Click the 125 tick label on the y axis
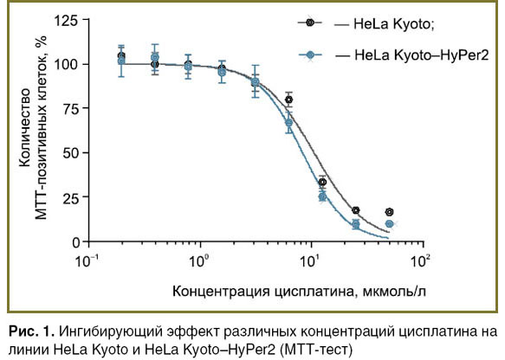click(x=66, y=21)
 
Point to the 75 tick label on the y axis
click(x=70, y=109)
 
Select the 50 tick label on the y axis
click(x=70, y=153)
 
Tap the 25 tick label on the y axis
click(x=70, y=197)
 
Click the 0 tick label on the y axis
click(x=75, y=242)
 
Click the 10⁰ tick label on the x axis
click(x=197, y=260)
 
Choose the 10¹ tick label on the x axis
click(x=310, y=260)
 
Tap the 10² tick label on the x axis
click(x=421, y=260)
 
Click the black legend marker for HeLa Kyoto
click(x=310, y=22)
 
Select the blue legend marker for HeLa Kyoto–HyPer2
click(x=310, y=55)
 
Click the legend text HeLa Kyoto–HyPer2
click(x=422, y=55)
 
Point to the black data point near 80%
click(x=289, y=100)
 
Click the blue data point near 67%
click(x=289, y=123)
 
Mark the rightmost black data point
click(x=390, y=212)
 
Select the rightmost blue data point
click(x=390, y=223)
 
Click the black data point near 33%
click(x=322, y=183)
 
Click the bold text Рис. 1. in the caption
click(x=31, y=331)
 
